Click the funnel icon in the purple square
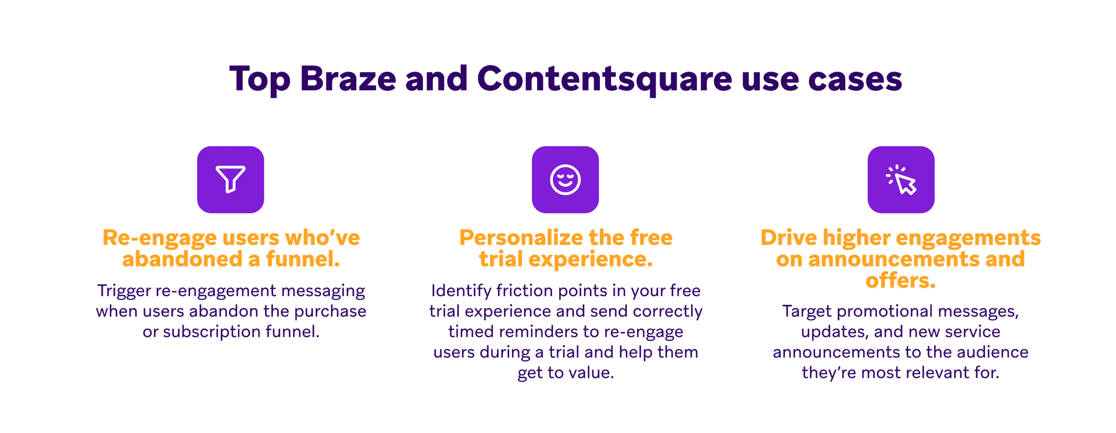pos(231,179)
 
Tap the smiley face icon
pos(565,179)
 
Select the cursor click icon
pos(901,179)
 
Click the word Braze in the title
pos(348,79)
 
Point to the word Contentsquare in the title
pos(604,79)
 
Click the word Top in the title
pos(259,79)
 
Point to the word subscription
pos(212,331)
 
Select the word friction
pos(524,290)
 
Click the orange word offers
pos(900,281)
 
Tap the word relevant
pos(942,372)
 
